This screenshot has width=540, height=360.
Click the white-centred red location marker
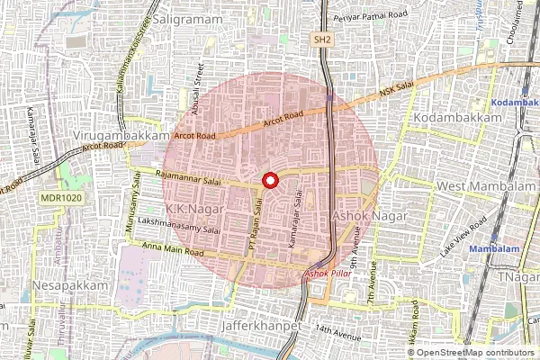pyautogui.click(x=269, y=181)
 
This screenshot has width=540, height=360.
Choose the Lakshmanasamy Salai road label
pyautogui.click(x=179, y=228)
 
